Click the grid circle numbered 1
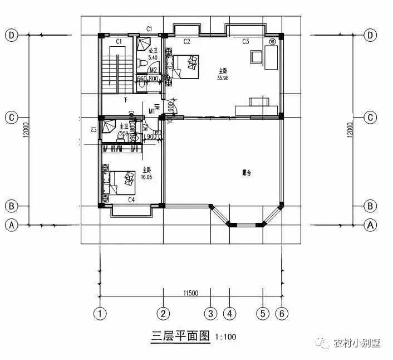point(100,313)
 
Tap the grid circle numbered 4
point(229,313)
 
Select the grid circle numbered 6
point(282,313)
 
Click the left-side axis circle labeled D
point(11,35)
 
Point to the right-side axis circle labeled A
point(370,225)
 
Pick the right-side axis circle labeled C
point(370,118)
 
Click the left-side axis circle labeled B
point(11,206)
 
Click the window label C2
point(187,42)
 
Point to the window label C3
point(245,42)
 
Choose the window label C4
point(132,199)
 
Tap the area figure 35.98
point(223,77)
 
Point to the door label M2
point(145,70)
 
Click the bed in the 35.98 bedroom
point(186,66)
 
